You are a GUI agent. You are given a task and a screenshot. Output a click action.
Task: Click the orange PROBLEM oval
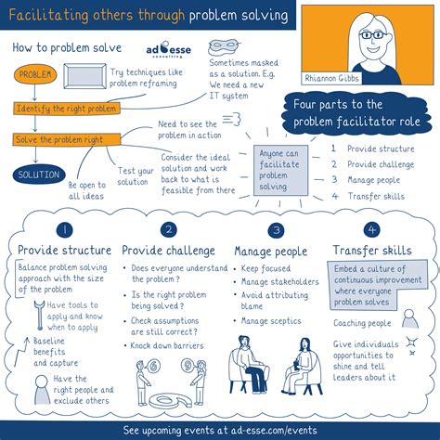coord(35,74)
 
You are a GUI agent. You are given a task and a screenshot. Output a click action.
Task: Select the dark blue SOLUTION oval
coord(39,175)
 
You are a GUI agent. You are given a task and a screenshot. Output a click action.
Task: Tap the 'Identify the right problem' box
coord(67,109)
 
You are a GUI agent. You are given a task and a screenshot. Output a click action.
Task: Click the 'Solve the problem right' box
coord(67,139)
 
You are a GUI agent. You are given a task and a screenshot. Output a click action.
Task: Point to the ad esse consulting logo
coord(169,49)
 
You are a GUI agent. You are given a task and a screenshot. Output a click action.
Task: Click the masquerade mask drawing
coord(224,46)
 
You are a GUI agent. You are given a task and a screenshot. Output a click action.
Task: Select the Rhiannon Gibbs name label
coord(332,78)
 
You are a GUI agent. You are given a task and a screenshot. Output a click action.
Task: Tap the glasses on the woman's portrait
coord(373,34)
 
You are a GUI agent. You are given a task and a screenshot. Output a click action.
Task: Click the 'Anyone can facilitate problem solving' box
coord(281,170)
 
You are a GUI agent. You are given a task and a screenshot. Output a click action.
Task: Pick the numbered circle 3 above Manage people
coord(276,230)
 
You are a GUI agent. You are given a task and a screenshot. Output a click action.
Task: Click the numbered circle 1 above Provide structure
coord(65,230)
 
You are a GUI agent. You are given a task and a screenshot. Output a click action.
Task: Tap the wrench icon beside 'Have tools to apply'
coord(39,316)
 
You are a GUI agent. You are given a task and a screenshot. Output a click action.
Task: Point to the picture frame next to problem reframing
coord(84,76)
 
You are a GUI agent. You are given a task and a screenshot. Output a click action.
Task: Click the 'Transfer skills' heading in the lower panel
coord(372,251)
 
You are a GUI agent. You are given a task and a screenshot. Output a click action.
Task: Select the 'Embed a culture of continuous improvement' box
coord(378,285)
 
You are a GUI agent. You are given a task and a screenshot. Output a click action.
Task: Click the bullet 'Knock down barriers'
coord(167,345)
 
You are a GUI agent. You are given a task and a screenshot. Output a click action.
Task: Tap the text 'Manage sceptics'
coord(271,321)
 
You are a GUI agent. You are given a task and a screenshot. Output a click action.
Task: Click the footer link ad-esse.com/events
coord(274,431)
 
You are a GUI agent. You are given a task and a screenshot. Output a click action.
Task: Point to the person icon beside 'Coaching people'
coord(410,319)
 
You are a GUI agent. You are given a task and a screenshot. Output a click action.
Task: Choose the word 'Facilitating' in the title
coord(48,15)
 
